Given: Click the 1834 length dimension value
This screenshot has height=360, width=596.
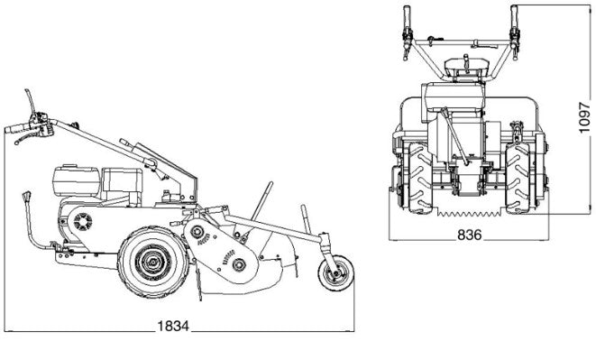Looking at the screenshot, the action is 173,326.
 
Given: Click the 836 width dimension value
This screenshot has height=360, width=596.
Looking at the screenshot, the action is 470,235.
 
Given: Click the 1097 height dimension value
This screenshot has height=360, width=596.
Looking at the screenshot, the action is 584,117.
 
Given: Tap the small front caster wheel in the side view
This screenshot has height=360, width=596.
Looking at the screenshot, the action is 336,272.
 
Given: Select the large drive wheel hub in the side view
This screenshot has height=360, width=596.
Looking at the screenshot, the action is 153,262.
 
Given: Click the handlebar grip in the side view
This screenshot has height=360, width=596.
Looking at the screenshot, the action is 17,128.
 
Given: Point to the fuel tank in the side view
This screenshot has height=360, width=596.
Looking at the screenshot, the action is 76,180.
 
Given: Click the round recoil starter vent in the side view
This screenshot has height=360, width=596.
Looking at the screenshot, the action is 83,221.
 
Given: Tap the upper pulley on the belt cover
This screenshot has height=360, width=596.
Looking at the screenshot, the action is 197,232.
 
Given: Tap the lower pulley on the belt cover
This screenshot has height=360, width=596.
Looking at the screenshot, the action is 238,264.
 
